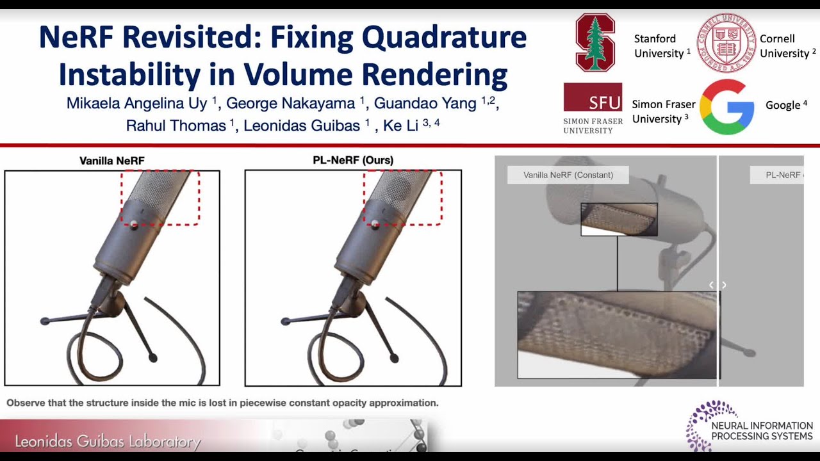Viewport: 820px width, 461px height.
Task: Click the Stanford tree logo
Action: (595, 42)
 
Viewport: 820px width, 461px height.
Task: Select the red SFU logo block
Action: (593, 97)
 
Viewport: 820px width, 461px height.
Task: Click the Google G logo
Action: (726, 107)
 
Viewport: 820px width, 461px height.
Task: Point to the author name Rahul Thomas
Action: (176, 125)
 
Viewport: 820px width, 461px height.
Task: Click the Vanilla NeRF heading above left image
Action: (112, 161)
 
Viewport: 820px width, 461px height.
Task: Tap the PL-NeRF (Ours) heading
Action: (353, 160)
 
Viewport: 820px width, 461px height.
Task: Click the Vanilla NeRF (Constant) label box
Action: (568, 175)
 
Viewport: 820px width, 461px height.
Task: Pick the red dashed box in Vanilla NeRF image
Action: (160, 197)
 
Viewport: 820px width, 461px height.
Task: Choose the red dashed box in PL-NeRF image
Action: (402, 197)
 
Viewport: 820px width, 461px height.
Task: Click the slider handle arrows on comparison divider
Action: (717, 285)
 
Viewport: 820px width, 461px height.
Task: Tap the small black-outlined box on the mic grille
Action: (619, 219)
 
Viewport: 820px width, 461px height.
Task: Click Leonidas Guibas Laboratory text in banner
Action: (108, 442)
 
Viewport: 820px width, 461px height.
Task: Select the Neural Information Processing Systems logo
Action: (749, 426)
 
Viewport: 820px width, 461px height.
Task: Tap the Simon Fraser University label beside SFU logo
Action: (664, 111)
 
